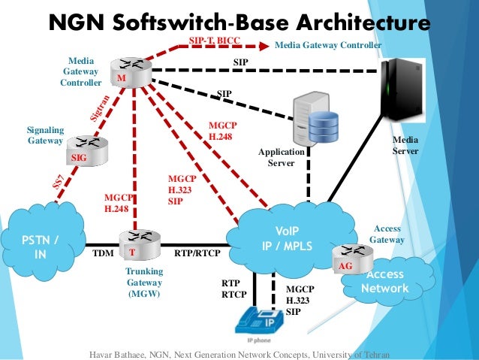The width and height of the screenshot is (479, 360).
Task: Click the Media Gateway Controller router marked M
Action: [x=131, y=72]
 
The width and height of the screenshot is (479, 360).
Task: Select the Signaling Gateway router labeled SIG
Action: [x=87, y=151]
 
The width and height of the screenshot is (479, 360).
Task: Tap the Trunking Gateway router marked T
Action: [x=140, y=245]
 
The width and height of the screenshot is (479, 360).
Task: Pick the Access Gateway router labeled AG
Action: [x=353, y=259]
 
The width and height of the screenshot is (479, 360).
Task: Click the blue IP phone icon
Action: [x=259, y=321]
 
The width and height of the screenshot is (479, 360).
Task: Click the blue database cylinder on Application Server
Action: [x=324, y=126]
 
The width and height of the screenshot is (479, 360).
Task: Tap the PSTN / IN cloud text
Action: [x=40, y=247]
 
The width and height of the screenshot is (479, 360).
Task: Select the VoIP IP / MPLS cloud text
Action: [x=287, y=238]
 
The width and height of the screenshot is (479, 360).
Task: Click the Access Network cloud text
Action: [x=385, y=281]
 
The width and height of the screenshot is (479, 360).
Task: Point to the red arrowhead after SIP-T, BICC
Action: [x=264, y=46]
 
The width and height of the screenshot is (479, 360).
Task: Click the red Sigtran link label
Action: [x=100, y=108]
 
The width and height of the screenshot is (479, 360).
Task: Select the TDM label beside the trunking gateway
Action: [x=104, y=253]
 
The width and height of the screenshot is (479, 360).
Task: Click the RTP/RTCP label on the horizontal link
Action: [x=197, y=253]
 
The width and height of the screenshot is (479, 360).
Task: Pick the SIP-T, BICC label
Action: [x=215, y=41]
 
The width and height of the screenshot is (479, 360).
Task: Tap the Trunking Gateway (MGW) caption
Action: [x=144, y=283]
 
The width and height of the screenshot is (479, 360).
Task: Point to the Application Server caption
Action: [x=282, y=157]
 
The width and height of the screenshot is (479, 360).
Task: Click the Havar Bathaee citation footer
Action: [x=239, y=355]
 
